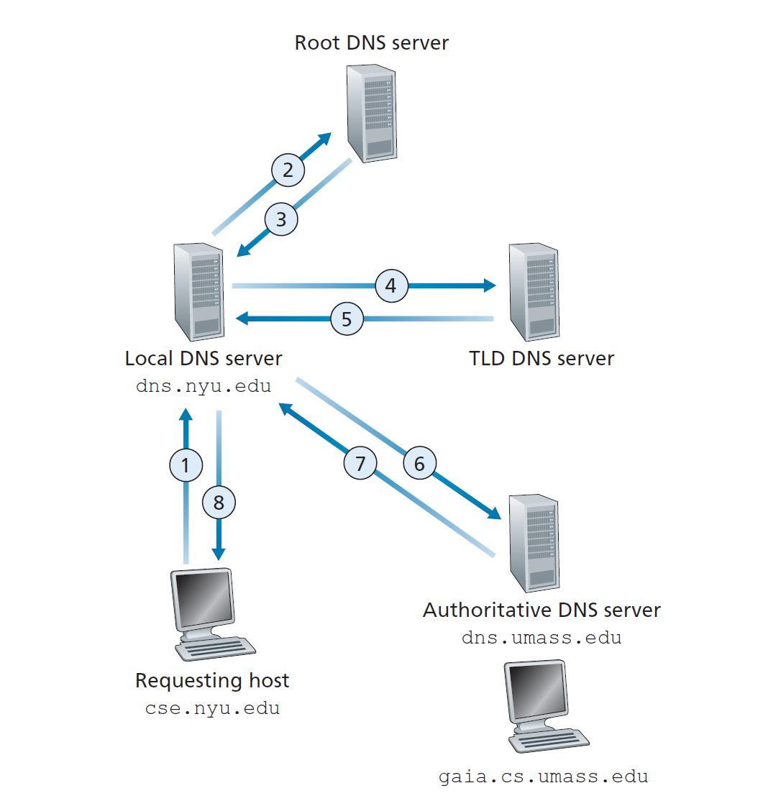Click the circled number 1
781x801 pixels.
[186, 465]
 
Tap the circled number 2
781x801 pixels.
[288, 170]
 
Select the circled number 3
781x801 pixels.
[281, 219]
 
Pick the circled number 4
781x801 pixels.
[390, 286]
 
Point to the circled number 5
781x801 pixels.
[347, 319]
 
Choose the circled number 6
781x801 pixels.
[419, 464]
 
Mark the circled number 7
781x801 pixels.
[360, 464]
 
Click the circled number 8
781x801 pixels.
[219, 503]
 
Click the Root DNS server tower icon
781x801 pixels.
[371, 111]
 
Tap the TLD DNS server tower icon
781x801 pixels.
[533, 291]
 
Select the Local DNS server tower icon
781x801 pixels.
[197, 291]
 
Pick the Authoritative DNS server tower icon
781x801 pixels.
[533, 543]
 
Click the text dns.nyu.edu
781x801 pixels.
[204, 386]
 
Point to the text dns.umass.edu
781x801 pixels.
[541, 638]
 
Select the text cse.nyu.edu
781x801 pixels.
[212, 708]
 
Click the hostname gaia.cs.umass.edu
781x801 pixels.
[543, 777]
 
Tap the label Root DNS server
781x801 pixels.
[371, 42]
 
